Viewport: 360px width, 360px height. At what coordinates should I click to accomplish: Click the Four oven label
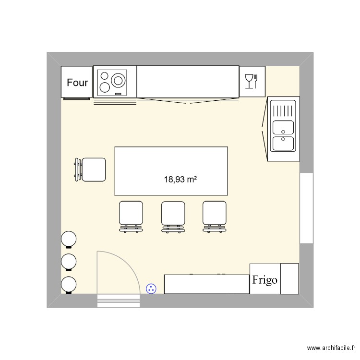click(x=77, y=83)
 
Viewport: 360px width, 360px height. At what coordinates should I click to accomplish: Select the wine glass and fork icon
click(x=252, y=81)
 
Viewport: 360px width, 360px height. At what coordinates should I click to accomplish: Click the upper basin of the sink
click(x=283, y=127)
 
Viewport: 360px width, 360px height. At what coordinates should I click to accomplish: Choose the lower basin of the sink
click(x=283, y=143)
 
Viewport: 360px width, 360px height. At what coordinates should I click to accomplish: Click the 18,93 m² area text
click(x=181, y=180)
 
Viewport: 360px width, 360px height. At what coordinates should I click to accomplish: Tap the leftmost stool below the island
click(x=131, y=214)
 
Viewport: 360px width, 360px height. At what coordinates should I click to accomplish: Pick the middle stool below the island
click(x=173, y=214)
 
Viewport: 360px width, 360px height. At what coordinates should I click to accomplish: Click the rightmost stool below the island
click(x=215, y=214)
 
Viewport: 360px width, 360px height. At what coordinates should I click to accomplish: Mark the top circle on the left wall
click(x=69, y=239)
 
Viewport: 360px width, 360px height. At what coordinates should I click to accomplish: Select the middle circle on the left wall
click(x=69, y=262)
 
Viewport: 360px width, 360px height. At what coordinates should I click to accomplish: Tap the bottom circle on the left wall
click(x=69, y=284)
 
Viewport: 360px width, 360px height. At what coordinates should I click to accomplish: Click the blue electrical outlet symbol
click(x=151, y=288)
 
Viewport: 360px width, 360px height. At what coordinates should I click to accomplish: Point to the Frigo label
click(x=264, y=279)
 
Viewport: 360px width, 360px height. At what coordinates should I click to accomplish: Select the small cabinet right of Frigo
click(x=289, y=278)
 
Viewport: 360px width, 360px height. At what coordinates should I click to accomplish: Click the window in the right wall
click(x=306, y=208)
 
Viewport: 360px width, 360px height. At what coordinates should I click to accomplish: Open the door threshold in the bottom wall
click(x=119, y=301)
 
